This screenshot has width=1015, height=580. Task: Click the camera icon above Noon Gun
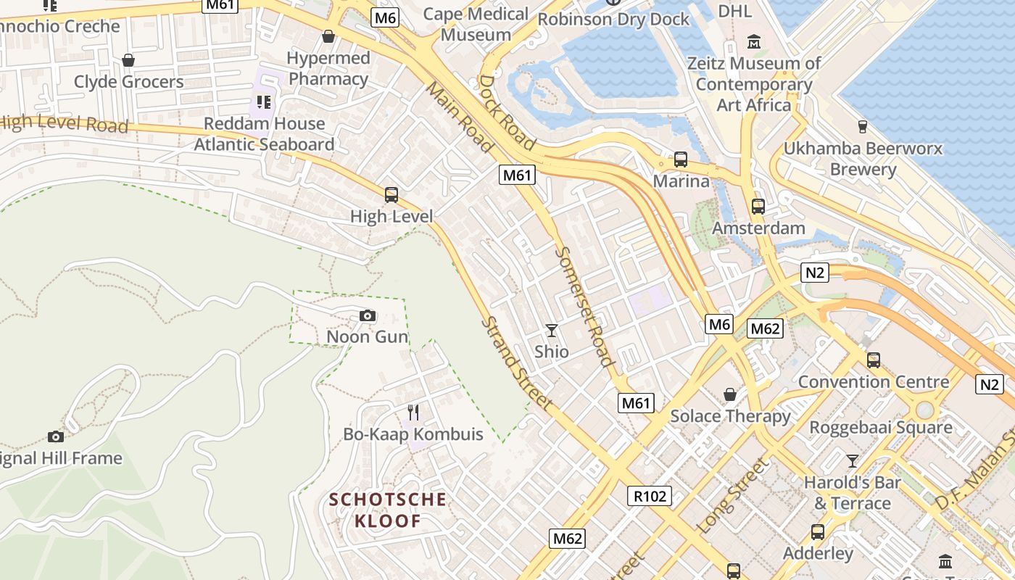pos(368,316)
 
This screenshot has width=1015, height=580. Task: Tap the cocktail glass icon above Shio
pos(552,331)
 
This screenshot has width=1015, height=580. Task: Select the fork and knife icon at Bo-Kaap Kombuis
pos(413,413)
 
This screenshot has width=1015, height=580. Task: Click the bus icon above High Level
pos(391,194)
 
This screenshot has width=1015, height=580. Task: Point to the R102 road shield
pos(649,496)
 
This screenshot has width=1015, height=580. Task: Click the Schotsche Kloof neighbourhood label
pos(387,510)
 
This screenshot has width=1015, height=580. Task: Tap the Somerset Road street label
pos(585,307)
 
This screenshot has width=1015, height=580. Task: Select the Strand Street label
pos(518,363)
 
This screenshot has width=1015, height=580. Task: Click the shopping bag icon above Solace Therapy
pos(730,394)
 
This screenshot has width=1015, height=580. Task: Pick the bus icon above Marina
pos(680,159)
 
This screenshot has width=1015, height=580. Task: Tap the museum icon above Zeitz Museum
pos(754,42)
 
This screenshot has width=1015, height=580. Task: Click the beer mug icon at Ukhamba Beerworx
pos(862,127)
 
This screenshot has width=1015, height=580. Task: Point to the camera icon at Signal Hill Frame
pos(56,436)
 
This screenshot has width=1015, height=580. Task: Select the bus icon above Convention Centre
pos(873,360)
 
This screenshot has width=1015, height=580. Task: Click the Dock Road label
pos(507,112)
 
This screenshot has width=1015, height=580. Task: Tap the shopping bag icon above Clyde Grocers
pos(128,60)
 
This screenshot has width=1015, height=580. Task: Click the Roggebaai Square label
pos(880,427)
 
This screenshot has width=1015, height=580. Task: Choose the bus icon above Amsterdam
pos(758,207)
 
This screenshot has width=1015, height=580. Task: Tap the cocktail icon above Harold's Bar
pos(853,461)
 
